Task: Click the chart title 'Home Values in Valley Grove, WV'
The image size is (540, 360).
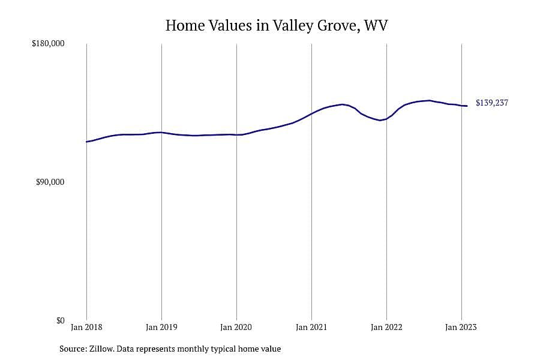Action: [277, 25]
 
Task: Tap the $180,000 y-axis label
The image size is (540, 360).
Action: [48, 44]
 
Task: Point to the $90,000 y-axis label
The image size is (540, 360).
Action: [50, 182]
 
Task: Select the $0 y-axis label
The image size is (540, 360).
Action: [60, 320]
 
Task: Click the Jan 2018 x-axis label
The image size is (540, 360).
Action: [86, 327]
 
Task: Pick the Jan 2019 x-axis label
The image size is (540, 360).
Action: [161, 327]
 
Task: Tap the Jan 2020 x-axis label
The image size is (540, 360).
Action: [236, 327]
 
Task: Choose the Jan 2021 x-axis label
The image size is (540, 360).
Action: [311, 327]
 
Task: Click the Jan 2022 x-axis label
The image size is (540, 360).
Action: [386, 327]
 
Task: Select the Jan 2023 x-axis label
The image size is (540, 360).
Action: [461, 327]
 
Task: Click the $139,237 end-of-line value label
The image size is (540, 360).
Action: [492, 103]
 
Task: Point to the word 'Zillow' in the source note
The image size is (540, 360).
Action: [101, 349]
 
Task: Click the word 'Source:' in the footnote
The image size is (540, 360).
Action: [73, 349]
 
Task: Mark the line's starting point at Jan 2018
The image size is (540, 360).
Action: [86, 142]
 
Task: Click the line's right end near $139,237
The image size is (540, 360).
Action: [467, 106]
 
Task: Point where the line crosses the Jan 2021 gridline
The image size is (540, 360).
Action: [311, 113]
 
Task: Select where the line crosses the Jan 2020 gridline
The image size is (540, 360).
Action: [236, 134]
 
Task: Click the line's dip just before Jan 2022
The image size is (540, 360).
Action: [380, 120]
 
